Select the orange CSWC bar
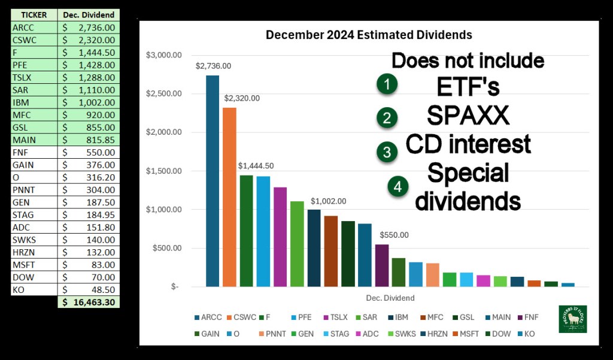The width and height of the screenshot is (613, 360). tap(229, 197)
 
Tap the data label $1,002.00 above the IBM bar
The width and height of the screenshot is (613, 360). tap(328, 201)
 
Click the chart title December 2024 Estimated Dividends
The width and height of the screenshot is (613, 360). tap(369, 35)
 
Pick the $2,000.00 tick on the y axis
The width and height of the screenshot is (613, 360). tap(165, 132)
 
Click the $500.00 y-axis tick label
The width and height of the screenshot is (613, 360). tap(167, 248)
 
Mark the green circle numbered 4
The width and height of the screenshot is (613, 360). tap(397, 187)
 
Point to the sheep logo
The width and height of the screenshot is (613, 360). tap(572, 319)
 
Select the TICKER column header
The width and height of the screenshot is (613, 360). tap(34, 14)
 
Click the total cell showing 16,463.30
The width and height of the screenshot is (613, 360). tap(89, 302)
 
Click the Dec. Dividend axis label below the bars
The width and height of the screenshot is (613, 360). tap(389, 298)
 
